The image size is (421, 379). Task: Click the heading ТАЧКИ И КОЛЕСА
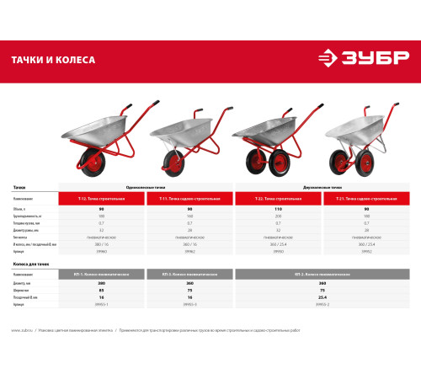[x=53, y=61]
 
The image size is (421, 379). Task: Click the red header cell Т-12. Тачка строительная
[x=102, y=198]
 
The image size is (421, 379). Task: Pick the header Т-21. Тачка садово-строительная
[x=365, y=198]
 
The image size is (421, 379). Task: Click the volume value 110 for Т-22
[x=278, y=208]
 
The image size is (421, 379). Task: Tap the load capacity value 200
[x=278, y=216]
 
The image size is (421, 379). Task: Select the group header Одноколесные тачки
[x=147, y=189]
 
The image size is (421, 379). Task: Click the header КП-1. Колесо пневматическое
[x=102, y=275]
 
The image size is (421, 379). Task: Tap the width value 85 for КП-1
[x=102, y=291]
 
